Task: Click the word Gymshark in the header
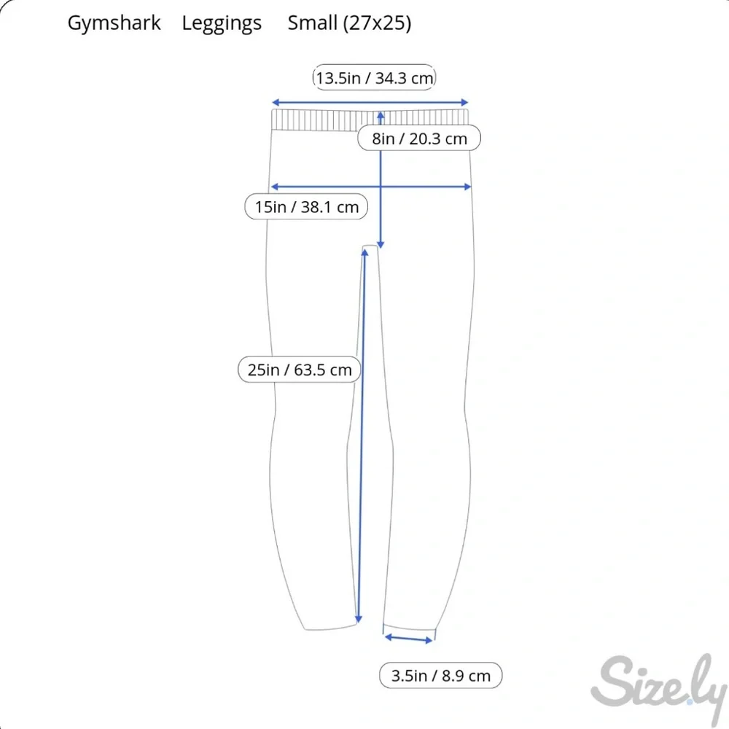point(114,23)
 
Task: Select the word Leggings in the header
point(222,23)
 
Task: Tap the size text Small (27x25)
point(349,23)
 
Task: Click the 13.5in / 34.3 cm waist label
point(374,78)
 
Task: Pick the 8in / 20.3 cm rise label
point(419,138)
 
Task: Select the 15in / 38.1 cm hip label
point(306,206)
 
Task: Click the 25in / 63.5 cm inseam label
point(300,370)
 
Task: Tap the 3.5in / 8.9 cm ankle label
point(441,675)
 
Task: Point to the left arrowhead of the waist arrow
point(276,102)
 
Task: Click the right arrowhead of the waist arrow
point(464,102)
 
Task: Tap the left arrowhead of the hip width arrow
point(274,187)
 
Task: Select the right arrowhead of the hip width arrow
point(468,187)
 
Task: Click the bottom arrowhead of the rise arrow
point(381,244)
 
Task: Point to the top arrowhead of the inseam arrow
point(365,252)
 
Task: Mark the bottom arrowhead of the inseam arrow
point(359,619)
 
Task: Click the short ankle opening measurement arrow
point(409,639)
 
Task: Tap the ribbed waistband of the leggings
point(370,120)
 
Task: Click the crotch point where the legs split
point(370,246)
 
